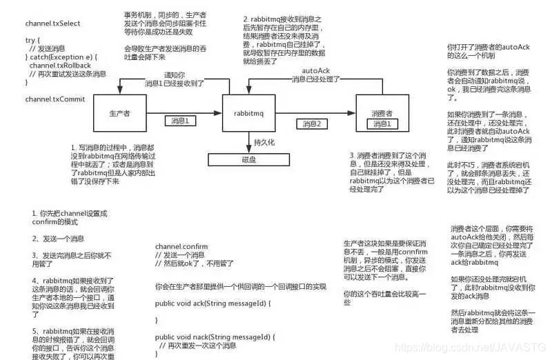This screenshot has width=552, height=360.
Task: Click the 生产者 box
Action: (x=119, y=112)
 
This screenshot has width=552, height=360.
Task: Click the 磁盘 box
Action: (x=249, y=159)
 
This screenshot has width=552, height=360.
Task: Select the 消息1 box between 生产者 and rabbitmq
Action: (x=181, y=120)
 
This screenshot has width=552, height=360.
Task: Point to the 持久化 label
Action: (x=264, y=142)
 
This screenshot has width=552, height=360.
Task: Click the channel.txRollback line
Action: (x=59, y=65)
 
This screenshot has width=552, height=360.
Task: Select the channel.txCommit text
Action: (x=55, y=99)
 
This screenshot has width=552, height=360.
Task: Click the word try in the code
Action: (x=30, y=41)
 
